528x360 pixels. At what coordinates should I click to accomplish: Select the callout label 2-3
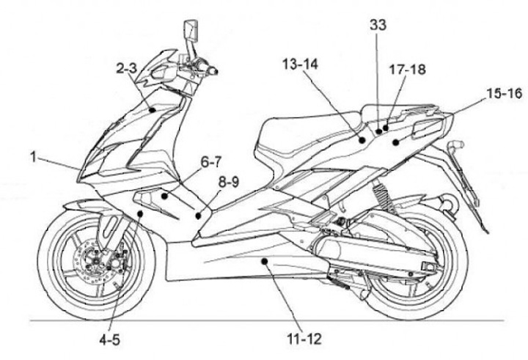pyautogui.click(x=127, y=68)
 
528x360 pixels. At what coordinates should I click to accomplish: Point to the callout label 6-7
pyautogui.click(x=211, y=159)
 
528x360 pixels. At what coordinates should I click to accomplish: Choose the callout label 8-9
pyautogui.click(x=227, y=179)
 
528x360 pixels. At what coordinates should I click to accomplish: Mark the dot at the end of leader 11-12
pyautogui.click(x=266, y=261)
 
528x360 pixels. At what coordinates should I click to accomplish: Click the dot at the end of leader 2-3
pyautogui.click(x=153, y=109)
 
